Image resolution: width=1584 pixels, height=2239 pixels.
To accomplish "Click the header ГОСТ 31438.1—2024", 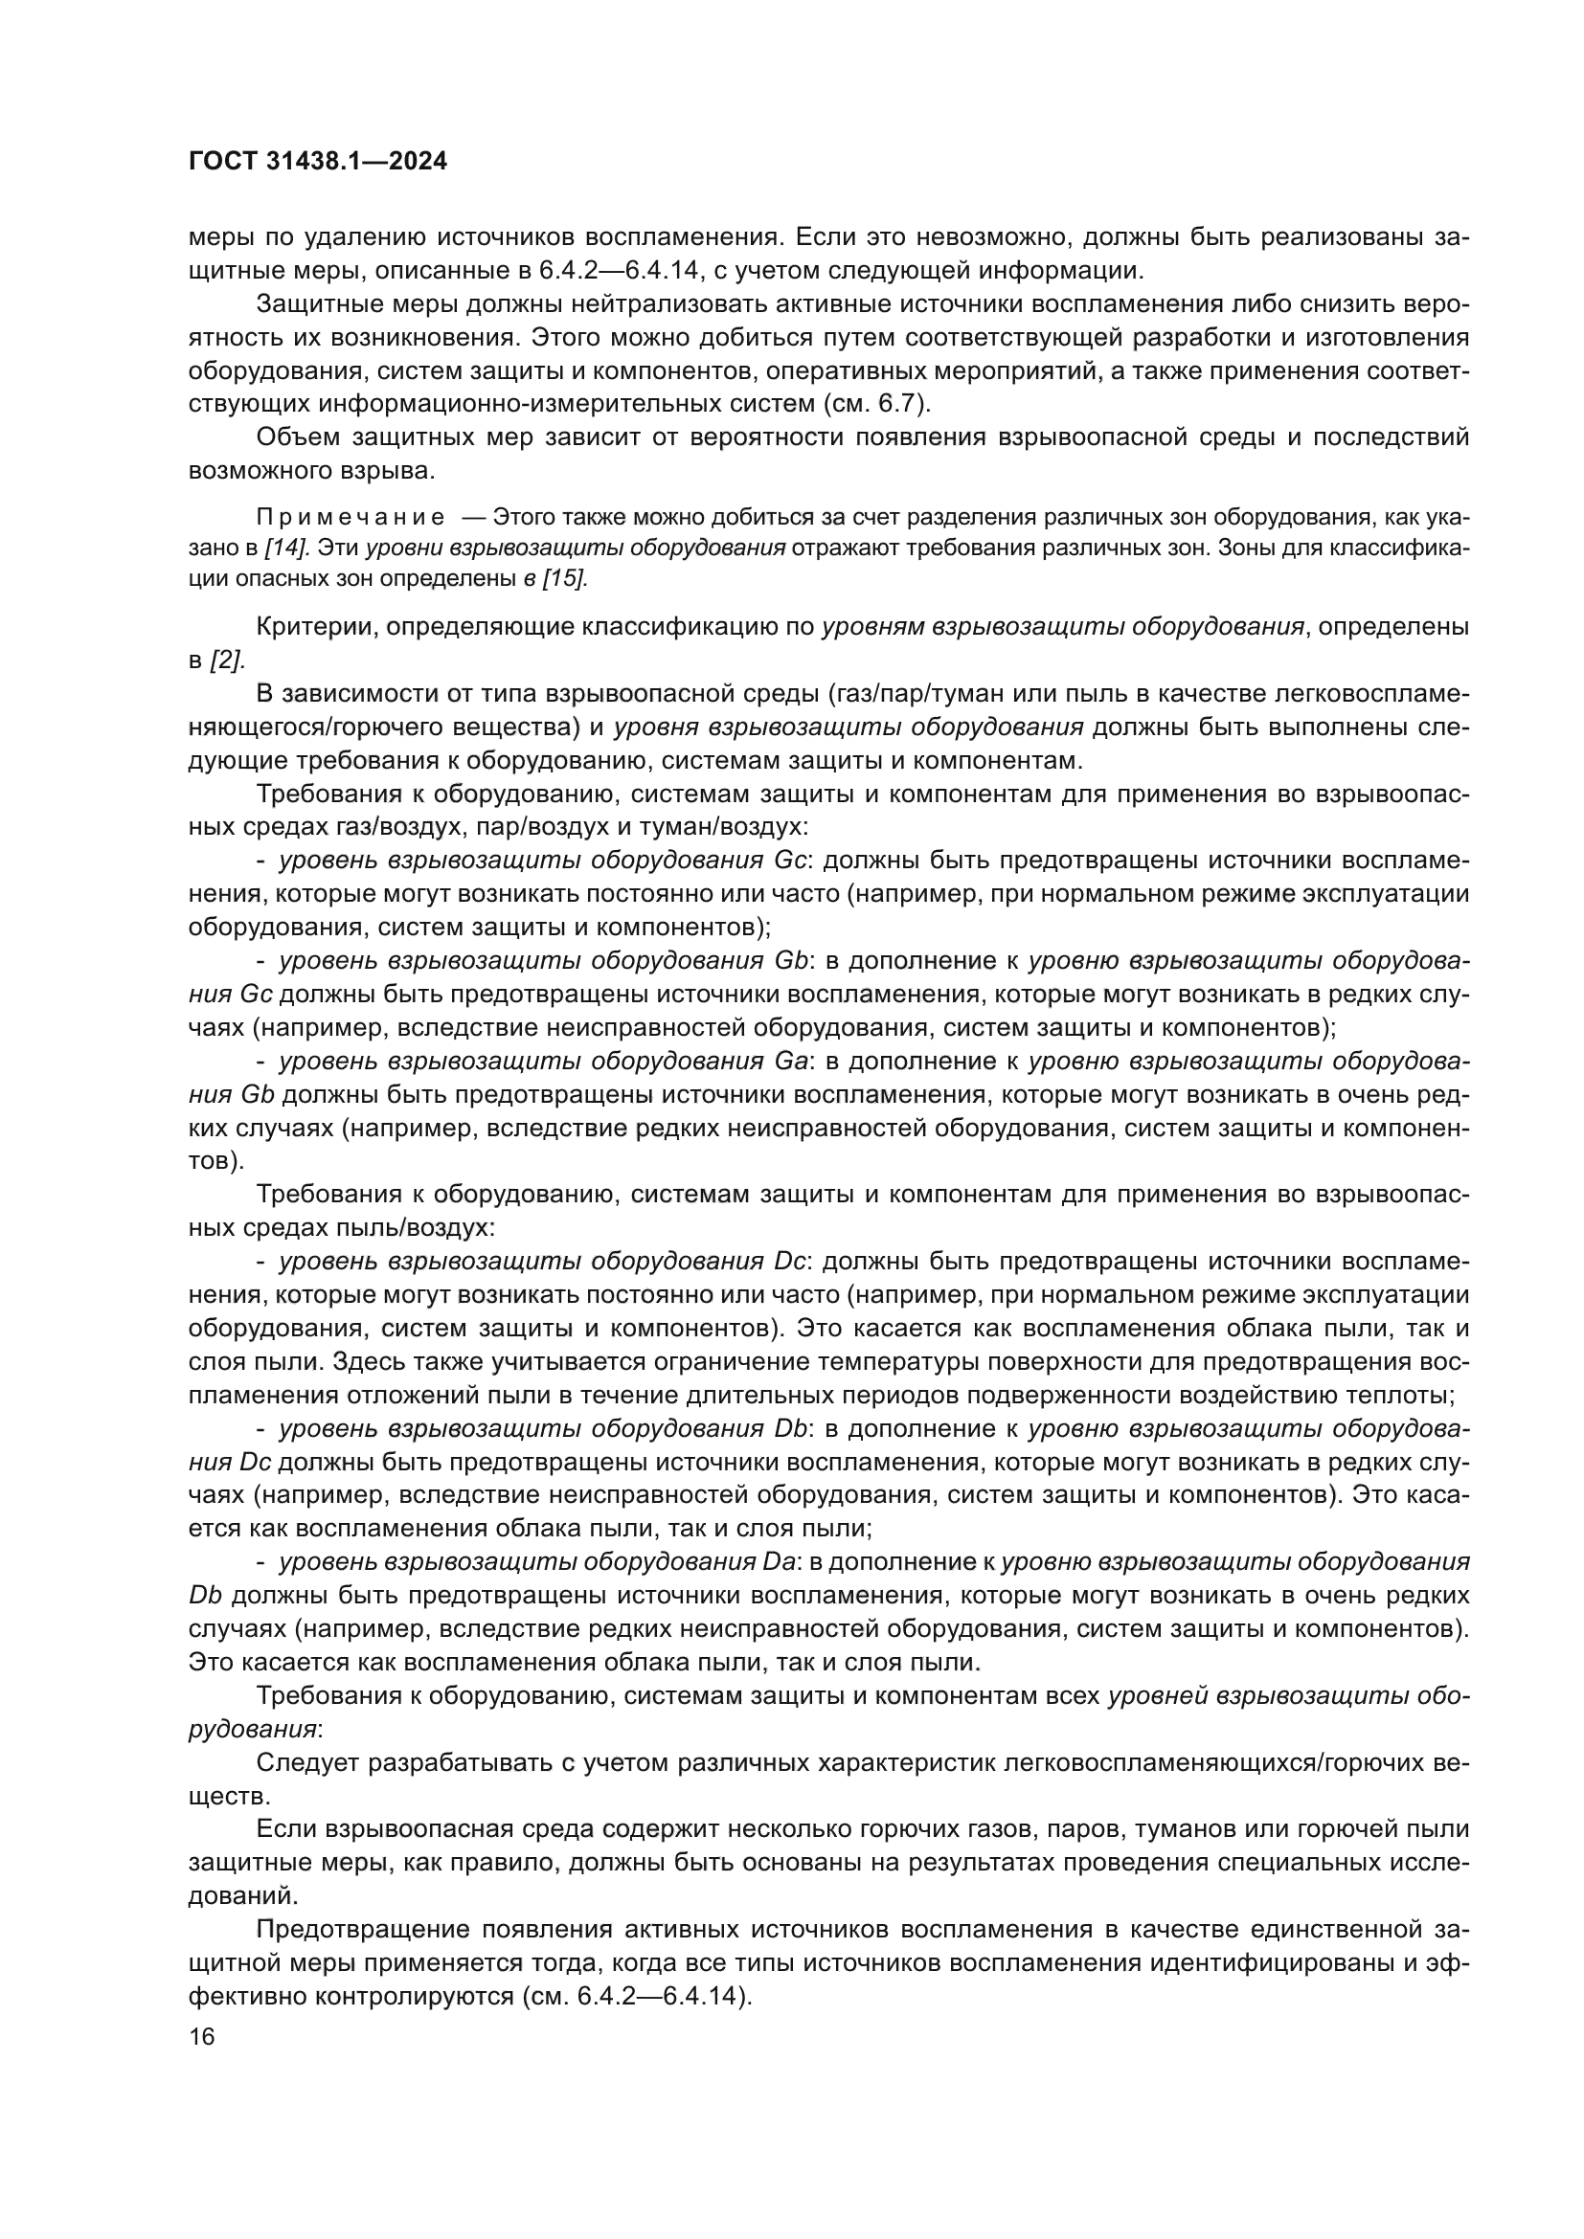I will coord(317,162).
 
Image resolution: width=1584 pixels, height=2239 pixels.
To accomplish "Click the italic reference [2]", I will coord(226,661).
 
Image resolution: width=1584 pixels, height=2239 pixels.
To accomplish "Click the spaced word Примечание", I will coord(351,517).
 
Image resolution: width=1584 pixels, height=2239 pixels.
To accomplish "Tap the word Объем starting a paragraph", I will coord(298,437).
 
